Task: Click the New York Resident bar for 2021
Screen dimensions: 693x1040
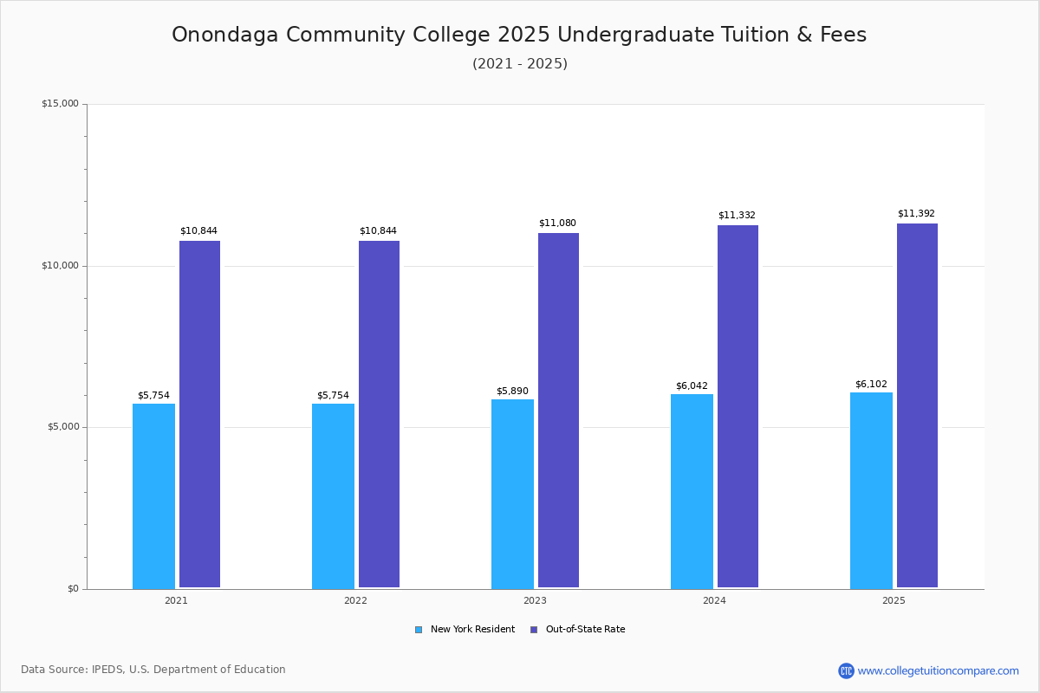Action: pos(153,495)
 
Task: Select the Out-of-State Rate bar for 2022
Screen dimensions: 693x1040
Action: pos(379,414)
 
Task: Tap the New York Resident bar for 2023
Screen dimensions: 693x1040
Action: pos(512,494)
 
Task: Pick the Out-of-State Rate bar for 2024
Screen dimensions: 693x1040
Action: pos(738,406)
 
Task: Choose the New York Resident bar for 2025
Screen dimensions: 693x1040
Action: pos(871,490)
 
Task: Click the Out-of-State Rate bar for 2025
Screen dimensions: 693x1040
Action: pos(917,405)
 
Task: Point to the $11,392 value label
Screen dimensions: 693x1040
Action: pos(916,214)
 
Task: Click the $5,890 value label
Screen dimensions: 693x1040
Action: pos(512,391)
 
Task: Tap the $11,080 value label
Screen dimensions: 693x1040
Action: pos(557,223)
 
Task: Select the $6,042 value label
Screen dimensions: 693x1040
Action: pos(692,386)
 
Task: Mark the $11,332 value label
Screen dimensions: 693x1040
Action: pos(737,216)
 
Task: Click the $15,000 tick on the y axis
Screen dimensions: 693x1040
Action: pos(60,104)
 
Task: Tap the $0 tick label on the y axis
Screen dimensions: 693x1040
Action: pos(72,589)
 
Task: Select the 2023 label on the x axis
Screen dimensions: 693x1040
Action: pos(535,600)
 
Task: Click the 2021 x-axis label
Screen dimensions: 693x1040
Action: pos(176,600)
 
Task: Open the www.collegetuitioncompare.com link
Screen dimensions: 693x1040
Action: pos(938,670)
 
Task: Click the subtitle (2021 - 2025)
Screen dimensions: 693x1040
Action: pos(520,64)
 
